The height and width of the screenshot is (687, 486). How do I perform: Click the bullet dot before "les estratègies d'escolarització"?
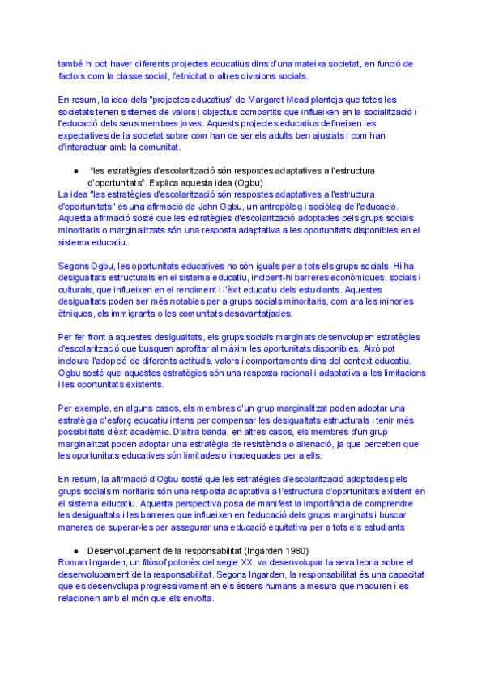pyautogui.click(x=75, y=171)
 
